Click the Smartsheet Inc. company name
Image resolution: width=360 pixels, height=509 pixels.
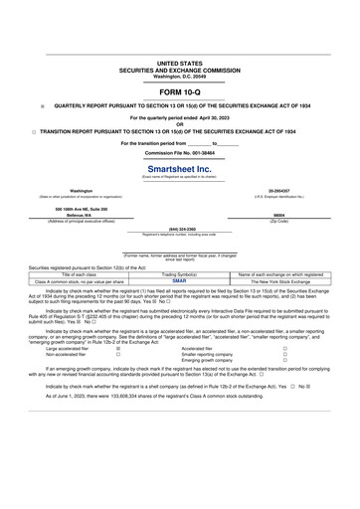click(180, 170)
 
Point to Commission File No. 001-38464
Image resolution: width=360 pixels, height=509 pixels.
click(180, 153)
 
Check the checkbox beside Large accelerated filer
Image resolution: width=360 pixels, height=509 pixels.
click(118, 350)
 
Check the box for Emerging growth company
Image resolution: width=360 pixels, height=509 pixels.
click(285, 360)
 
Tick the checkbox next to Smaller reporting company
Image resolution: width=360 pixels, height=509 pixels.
click(285, 355)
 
